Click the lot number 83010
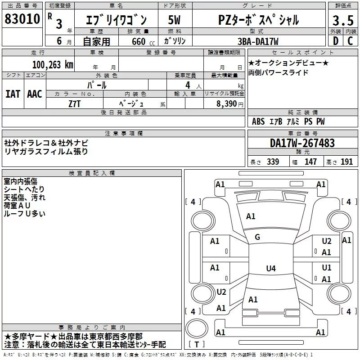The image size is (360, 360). (22, 19)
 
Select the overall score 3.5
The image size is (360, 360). (343, 20)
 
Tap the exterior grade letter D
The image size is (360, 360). (336, 41)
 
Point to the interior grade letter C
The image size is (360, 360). (350, 41)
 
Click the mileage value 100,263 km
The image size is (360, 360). (53, 65)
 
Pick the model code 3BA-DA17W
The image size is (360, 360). (258, 41)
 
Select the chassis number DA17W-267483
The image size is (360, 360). (302, 143)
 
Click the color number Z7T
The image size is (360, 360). (74, 104)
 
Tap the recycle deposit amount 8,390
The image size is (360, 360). (227, 104)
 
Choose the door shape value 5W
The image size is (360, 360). (174, 20)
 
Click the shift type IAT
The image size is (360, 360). (13, 94)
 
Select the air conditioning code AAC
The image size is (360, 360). (35, 94)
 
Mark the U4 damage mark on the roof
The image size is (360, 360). (271, 268)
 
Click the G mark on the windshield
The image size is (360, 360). (257, 237)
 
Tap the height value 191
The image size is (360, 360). (346, 162)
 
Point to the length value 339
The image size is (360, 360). (273, 162)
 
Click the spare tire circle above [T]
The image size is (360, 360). (197, 328)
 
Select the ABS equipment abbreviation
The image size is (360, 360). (258, 121)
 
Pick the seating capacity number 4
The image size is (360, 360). (188, 85)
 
